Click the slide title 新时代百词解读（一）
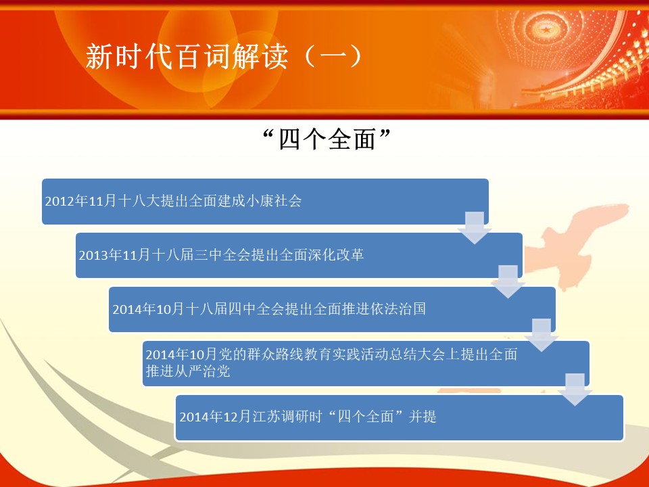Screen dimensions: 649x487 pos(224,56)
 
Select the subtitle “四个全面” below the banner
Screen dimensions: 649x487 pos(327,139)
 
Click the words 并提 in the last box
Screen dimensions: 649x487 pos(423,416)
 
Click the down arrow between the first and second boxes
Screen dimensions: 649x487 pos(475,228)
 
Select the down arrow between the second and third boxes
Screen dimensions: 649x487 pos(508,281)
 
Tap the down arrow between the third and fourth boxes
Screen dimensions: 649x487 pos(542,335)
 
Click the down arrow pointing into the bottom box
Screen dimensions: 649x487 pos(575,390)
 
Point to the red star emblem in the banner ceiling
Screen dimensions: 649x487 pos(546,29)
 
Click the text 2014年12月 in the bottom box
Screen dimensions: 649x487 pos(215,416)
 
